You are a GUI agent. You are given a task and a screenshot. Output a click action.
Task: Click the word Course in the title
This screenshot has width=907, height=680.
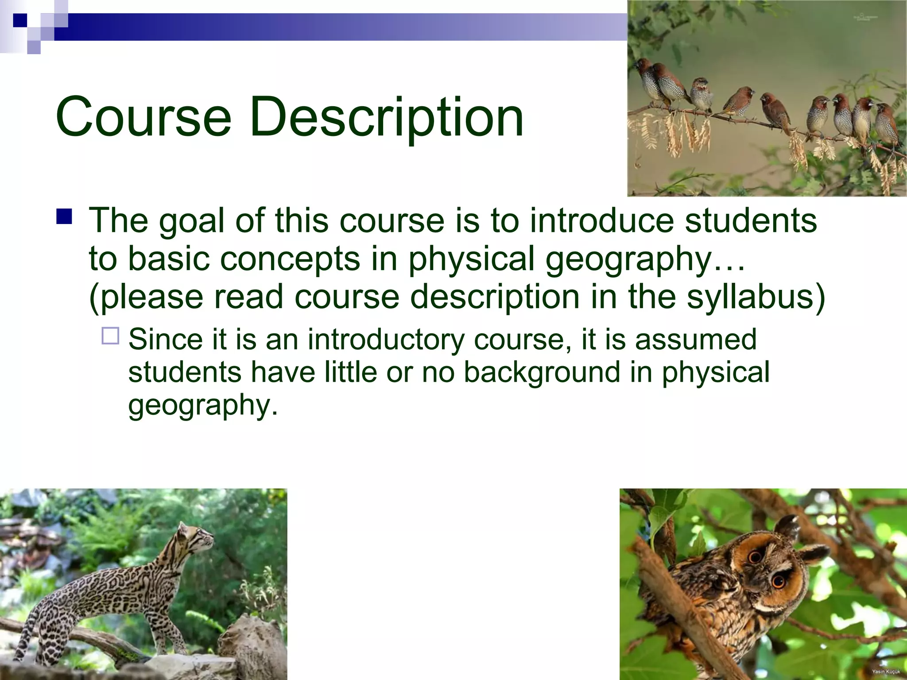pyautogui.click(x=143, y=117)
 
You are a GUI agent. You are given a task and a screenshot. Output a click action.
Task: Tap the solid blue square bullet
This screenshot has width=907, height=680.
pyautogui.click(x=64, y=217)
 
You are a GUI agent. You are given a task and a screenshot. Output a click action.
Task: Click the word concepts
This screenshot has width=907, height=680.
pyautogui.click(x=290, y=259)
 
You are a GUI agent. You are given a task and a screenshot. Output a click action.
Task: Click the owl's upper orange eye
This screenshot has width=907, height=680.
pyautogui.click(x=755, y=557)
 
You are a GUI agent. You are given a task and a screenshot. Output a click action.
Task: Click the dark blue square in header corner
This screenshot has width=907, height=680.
pyautogui.click(x=20, y=20)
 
